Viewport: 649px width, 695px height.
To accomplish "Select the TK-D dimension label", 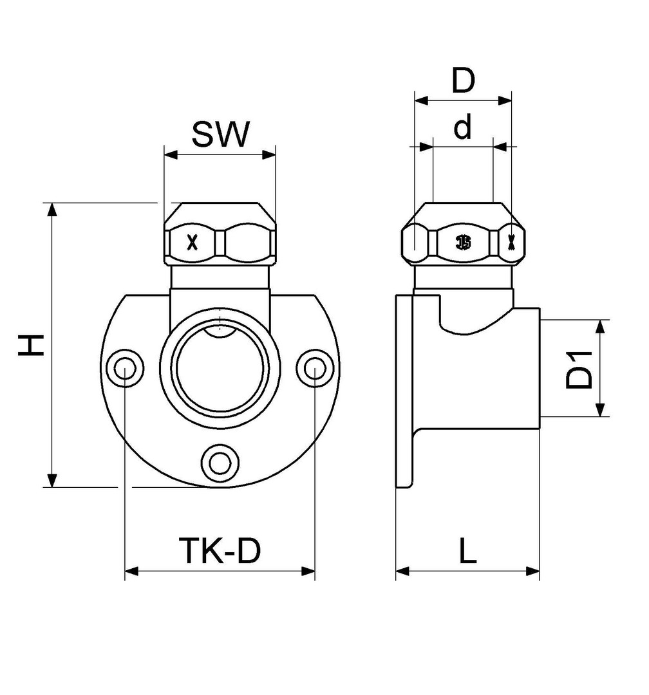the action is (220, 550).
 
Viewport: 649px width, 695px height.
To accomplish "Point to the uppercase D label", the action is (463, 80).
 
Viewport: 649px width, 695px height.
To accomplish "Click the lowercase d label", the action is (463, 127).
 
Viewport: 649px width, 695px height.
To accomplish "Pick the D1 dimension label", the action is (579, 369).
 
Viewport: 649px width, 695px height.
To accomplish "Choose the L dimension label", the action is (467, 551).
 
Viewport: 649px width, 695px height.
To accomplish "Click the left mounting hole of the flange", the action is (125, 368).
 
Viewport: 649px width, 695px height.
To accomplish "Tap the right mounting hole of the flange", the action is (315, 368).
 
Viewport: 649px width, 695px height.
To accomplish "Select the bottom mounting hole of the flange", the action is (220, 464).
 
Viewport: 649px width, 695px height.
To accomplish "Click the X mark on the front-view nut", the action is (192, 243).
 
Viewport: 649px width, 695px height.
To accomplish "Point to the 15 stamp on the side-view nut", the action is (464, 243).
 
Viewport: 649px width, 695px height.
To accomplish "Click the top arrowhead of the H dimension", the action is (52, 210).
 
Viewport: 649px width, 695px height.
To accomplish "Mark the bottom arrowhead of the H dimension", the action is (52, 480).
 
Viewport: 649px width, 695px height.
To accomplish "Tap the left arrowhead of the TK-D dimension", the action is (132, 571).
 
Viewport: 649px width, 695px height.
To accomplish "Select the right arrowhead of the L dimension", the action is (532, 571).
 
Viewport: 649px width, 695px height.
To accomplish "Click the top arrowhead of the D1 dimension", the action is (600, 326).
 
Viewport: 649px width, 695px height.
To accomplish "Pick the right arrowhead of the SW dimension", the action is (269, 154).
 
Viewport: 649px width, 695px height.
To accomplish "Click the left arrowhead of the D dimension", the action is (422, 100).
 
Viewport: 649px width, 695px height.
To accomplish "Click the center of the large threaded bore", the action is (220, 367).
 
